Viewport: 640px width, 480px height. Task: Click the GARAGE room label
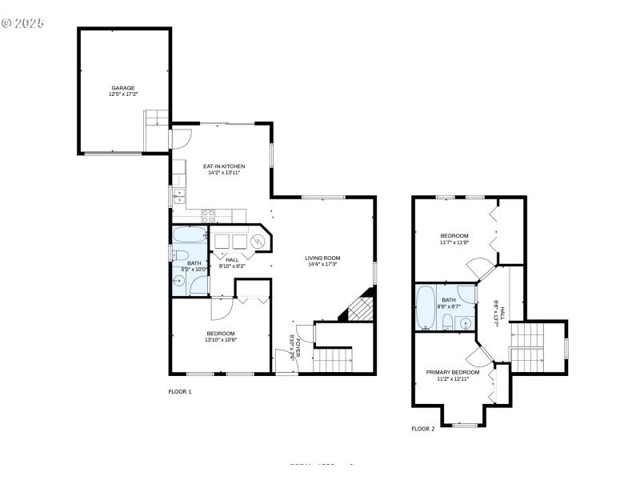pyautogui.click(x=122, y=88)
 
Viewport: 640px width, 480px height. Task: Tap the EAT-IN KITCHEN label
pyautogui.click(x=222, y=166)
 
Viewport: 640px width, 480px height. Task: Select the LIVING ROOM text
pyautogui.click(x=322, y=258)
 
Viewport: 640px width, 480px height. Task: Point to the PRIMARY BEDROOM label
pyautogui.click(x=453, y=372)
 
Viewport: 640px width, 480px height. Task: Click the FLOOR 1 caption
pyautogui.click(x=180, y=392)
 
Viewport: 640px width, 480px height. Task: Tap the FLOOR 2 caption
pyautogui.click(x=423, y=429)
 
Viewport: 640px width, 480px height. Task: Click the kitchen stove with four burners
pyautogui.click(x=208, y=214)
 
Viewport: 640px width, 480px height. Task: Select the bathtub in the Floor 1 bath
pyautogui.click(x=190, y=236)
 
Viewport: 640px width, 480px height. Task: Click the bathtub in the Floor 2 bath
pyautogui.click(x=425, y=306)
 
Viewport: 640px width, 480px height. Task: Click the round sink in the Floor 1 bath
pyautogui.click(x=180, y=281)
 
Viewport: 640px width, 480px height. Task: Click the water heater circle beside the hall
pyautogui.click(x=258, y=242)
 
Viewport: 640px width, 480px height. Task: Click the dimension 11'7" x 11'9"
pyautogui.click(x=454, y=242)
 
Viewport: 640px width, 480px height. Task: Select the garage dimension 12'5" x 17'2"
pyautogui.click(x=122, y=94)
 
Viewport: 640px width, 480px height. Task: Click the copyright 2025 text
pyautogui.click(x=22, y=23)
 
